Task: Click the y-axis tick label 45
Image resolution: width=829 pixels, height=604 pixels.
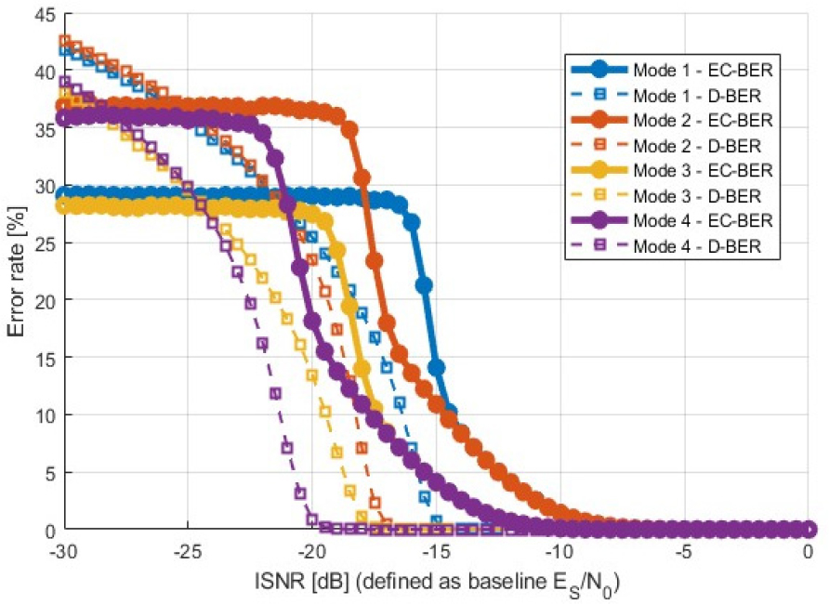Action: [x=42, y=13]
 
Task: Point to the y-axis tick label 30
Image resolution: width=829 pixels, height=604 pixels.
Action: [x=42, y=185]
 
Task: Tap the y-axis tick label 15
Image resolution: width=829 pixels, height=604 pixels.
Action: [x=42, y=358]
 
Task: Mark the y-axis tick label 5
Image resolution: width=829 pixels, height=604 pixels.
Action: [x=46, y=473]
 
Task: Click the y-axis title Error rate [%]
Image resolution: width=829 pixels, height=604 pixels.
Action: [x=17, y=271]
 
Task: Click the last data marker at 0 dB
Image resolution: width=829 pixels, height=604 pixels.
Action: [x=808, y=530]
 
